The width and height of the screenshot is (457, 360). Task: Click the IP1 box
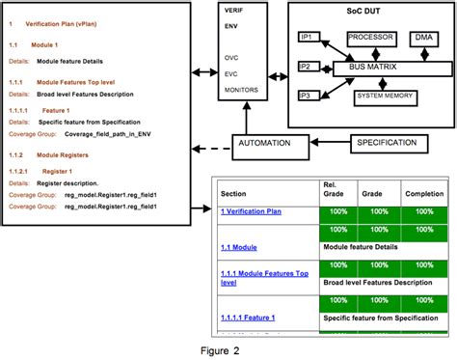308,37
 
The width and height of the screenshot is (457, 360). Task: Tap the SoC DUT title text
370,11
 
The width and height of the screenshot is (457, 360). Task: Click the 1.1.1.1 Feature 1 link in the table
249,318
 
